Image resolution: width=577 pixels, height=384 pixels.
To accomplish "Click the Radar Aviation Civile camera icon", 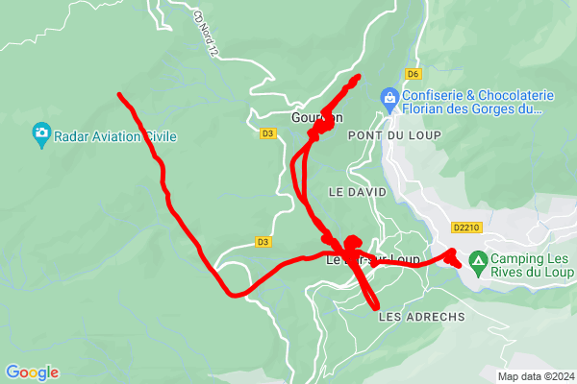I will (41, 136).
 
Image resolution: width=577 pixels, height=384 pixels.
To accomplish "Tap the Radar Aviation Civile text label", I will (115, 136).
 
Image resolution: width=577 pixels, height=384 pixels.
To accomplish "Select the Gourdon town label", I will (316, 118).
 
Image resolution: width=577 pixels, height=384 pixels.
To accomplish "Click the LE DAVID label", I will (357, 192).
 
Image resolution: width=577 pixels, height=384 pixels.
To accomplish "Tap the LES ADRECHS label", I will (422, 316).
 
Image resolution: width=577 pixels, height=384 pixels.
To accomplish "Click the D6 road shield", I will (414, 73).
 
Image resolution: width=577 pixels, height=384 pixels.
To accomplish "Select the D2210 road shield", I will (465, 228).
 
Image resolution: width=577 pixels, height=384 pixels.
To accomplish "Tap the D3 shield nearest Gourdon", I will (267, 134).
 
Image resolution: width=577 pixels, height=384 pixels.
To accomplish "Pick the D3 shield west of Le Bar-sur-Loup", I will (263, 241).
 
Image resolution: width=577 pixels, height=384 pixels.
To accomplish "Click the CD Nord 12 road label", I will (200, 31).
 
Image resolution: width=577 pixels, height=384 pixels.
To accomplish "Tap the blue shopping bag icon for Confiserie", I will (389, 97).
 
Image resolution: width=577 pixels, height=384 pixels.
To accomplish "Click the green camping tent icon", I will (477, 259).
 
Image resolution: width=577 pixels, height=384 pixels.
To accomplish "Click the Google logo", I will (32, 372).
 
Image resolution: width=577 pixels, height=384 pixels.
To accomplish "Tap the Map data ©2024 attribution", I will (534, 375).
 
